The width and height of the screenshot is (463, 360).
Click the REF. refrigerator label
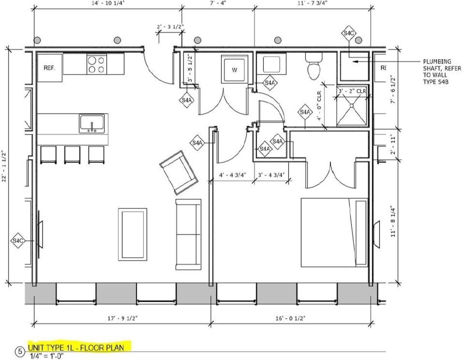tap(50, 68)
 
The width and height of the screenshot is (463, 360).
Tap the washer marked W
tap(235, 69)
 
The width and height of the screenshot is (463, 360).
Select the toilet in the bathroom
tap(314, 66)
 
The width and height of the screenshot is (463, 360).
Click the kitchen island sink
tap(92, 124)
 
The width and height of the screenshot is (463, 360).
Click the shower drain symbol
tap(352, 106)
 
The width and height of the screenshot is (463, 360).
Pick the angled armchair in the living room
tap(179, 172)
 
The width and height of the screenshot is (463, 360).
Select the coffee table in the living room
tap(132, 234)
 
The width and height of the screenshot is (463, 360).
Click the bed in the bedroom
tap(334, 232)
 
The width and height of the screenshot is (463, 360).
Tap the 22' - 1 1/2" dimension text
tap(4, 166)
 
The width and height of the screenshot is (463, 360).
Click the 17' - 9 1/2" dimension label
tap(123, 318)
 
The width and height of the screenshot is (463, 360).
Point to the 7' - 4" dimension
tap(218, 3)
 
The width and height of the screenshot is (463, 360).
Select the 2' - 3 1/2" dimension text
tap(170, 27)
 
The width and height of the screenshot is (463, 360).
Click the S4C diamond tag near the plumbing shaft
tap(349, 33)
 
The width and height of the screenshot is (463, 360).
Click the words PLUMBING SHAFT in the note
tap(442, 65)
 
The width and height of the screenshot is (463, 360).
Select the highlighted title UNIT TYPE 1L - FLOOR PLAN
tap(76, 348)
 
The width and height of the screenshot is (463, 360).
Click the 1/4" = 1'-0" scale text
tap(47, 356)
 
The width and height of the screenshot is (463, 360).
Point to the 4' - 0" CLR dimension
tap(319, 106)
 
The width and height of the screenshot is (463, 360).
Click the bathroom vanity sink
tap(271, 64)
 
